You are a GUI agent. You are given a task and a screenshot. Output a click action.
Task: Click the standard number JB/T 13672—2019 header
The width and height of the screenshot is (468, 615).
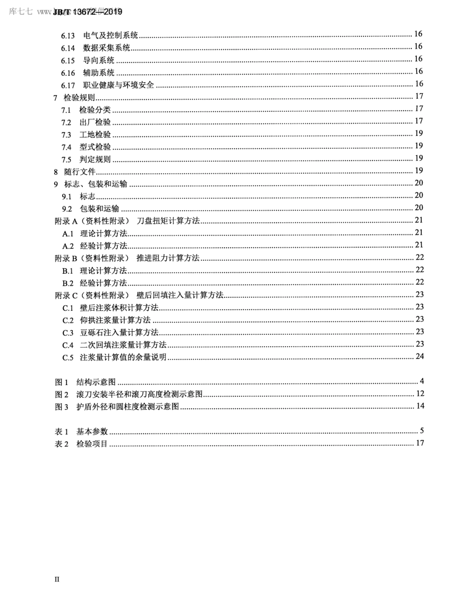(x=88, y=12)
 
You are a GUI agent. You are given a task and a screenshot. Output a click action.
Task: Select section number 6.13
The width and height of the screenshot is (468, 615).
(x=68, y=35)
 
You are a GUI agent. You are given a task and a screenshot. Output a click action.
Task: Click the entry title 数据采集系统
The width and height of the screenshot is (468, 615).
(x=106, y=48)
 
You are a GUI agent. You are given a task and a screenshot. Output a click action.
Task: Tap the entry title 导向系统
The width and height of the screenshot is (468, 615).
(x=99, y=60)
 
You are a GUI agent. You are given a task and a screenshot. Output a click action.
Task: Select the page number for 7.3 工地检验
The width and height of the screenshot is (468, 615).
(x=419, y=133)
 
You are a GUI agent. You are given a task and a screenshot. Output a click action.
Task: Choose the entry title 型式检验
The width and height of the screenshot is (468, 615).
(x=95, y=147)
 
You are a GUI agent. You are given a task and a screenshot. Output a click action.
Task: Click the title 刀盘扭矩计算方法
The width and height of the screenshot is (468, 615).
(x=168, y=221)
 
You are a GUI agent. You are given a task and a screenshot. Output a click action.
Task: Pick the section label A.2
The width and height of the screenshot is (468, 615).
(x=67, y=246)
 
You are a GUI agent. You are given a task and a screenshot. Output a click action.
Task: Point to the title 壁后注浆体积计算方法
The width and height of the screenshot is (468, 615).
(x=119, y=308)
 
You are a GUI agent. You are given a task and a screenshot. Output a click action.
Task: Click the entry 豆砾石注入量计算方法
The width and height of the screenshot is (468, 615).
(x=119, y=332)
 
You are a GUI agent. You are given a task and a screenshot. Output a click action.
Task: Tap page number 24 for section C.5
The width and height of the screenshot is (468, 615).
(x=419, y=356)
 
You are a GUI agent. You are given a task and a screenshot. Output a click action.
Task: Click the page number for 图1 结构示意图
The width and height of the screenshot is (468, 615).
(x=422, y=381)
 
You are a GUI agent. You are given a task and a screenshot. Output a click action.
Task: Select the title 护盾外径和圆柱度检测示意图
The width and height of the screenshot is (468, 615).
(x=128, y=407)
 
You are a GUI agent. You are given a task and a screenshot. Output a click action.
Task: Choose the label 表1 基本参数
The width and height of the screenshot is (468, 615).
(x=81, y=431)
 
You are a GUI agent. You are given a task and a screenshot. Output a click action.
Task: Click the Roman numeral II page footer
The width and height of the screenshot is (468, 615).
(x=57, y=579)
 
